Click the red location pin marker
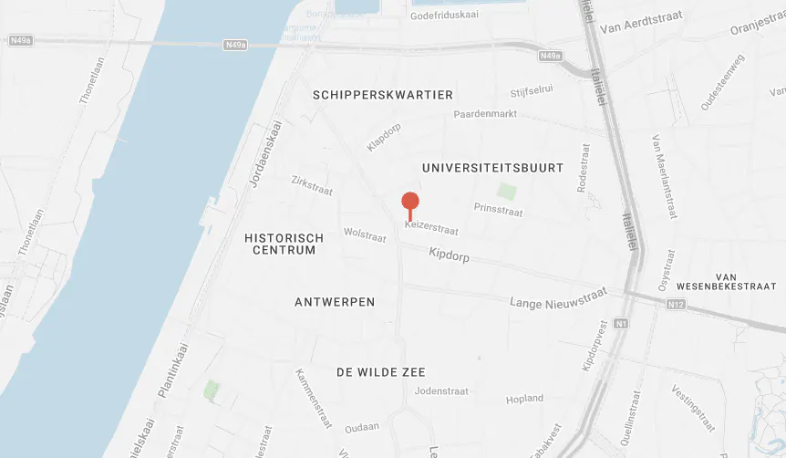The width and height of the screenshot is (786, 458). pyautogui.click(x=410, y=203)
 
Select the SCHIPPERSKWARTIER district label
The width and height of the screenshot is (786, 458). pyautogui.click(x=382, y=95)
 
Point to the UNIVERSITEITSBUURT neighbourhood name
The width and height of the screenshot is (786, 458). pyautogui.click(x=493, y=168)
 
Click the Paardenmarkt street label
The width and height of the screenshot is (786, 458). pyautogui.click(x=486, y=114)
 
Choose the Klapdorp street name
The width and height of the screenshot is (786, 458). pyautogui.click(x=384, y=137)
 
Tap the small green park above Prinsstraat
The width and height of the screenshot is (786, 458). pyautogui.click(x=506, y=192)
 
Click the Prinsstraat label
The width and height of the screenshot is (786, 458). pyautogui.click(x=498, y=211)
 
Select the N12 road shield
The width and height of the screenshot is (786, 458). pyautogui.click(x=676, y=304)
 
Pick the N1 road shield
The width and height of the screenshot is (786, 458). pyautogui.click(x=621, y=323)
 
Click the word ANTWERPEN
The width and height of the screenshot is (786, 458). pyautogui.click(x=335, y=302)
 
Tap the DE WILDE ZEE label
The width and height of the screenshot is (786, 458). pyautogui.click(x=381, y=372)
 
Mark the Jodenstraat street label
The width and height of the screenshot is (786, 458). pyautogui.click(x=441, y=390)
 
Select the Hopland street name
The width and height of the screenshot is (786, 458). pyautogui.click(x=525, y=399)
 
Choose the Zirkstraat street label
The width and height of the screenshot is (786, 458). pyautogui.click(x=312, y=185)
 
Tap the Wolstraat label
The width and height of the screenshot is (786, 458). pyautogui.click(x=365, y=234)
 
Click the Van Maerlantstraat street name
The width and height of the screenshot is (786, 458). pyautogui.click(x=663, y=177)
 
